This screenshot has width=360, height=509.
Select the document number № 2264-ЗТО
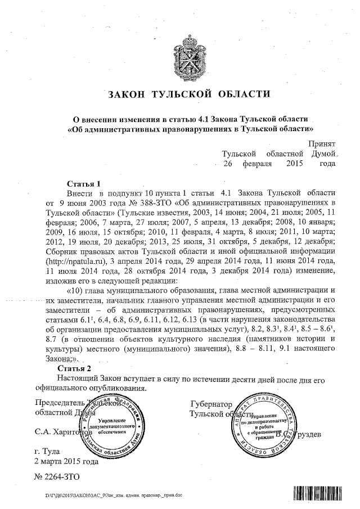pyautogui.click(x=58, y=476)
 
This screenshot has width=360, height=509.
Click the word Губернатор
pyautogui.click(x=211, y=404)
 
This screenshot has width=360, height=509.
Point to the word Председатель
pyautogui.click(x=59, y=404)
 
